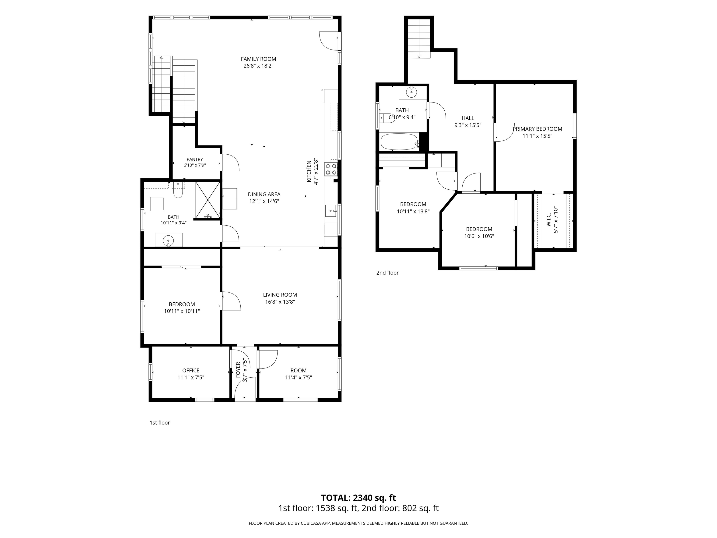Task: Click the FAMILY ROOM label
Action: [258, 59]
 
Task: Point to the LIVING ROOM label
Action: [280, 295]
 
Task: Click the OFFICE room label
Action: [191, 370]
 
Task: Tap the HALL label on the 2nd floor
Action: [468, 118]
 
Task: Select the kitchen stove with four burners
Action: [331, 169]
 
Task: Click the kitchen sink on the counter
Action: [331, 211]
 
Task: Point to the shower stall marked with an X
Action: [208, 200]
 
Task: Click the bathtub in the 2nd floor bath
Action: [399, 142]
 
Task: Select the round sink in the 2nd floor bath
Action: [411, 92]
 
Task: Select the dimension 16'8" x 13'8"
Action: [280, 302]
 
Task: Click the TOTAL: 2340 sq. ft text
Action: [358, 498]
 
